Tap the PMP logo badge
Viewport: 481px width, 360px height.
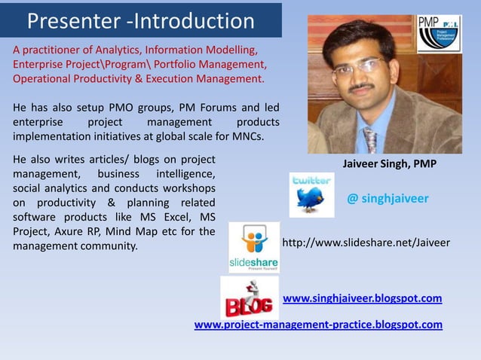pyautogui.click(x=439, y=34)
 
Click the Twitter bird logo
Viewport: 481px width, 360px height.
pyautogui.click(x=311, y=195)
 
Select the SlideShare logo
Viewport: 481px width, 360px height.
pyautogui.click(x=254, y=247)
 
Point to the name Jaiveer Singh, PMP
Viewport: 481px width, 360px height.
pyautogui.click(x=389, y=164)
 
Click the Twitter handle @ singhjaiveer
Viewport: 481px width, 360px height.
pyautogui.click(x=388, y=199)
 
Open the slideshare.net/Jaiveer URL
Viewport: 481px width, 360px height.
pyautogui.click(x=365, y=243)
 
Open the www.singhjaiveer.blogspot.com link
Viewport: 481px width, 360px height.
pyautogui.click(x=362, y=298)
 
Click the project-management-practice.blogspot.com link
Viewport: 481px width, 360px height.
pyautogui.click(x=318, y=325)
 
